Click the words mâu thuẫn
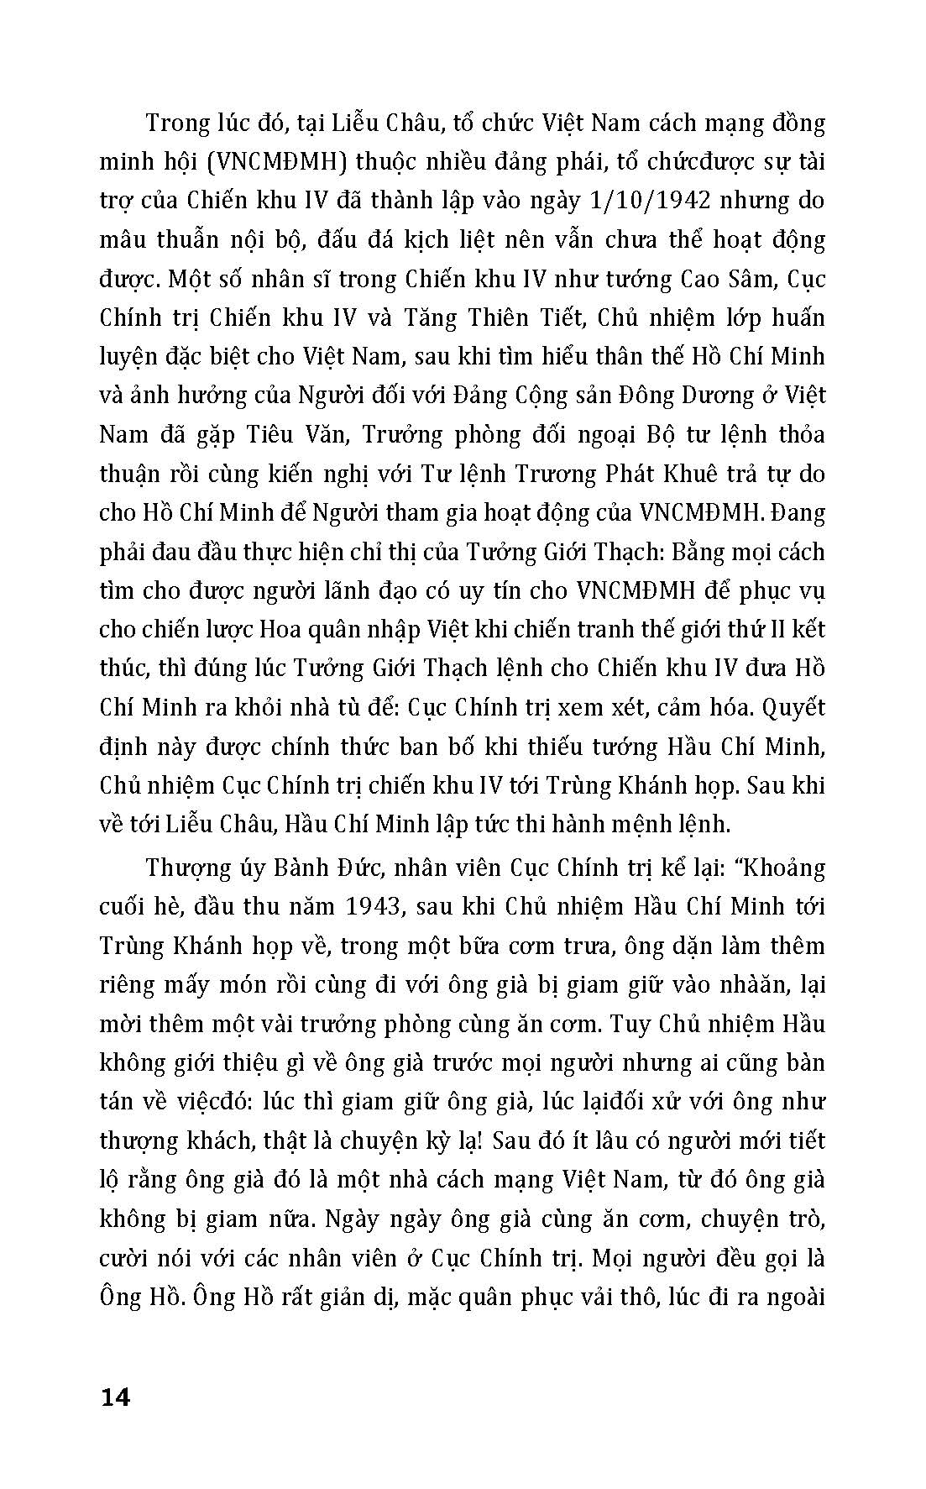tap(154, 240)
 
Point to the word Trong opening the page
tap(179, 123)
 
